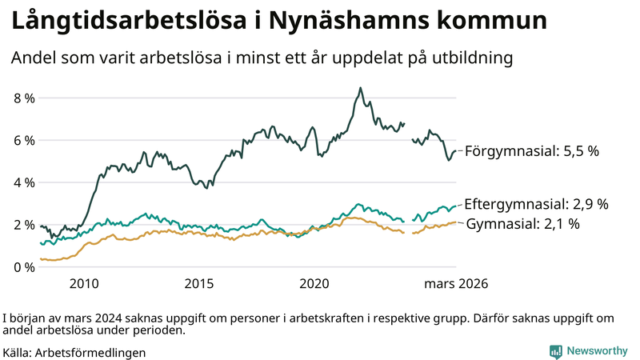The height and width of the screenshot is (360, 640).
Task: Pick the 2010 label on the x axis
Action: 84,283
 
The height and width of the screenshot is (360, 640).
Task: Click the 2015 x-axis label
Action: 199,283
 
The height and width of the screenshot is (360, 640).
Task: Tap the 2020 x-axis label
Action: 314,283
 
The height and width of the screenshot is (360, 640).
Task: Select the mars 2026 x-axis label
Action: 456,283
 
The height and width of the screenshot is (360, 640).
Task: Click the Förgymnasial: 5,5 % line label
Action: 532,150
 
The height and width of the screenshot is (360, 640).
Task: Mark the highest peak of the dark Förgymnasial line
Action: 361,88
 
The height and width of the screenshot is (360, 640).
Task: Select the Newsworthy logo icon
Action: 554,350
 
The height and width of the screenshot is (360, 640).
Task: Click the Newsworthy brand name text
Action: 596,350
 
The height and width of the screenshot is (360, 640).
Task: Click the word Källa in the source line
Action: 18,352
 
